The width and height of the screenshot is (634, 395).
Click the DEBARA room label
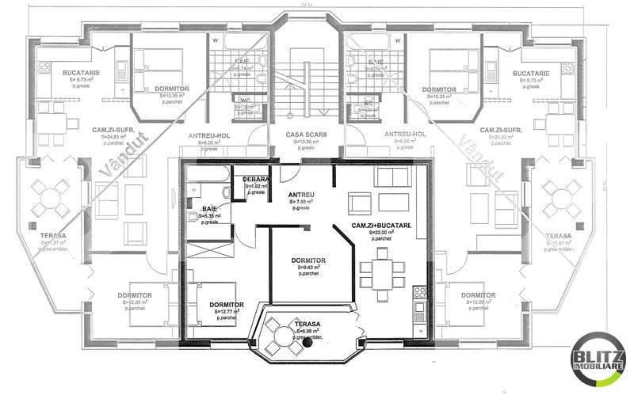coord(257,180)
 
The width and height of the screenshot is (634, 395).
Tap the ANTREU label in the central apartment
coord(302,195)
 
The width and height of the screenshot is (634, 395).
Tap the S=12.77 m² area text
coord(227,312)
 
